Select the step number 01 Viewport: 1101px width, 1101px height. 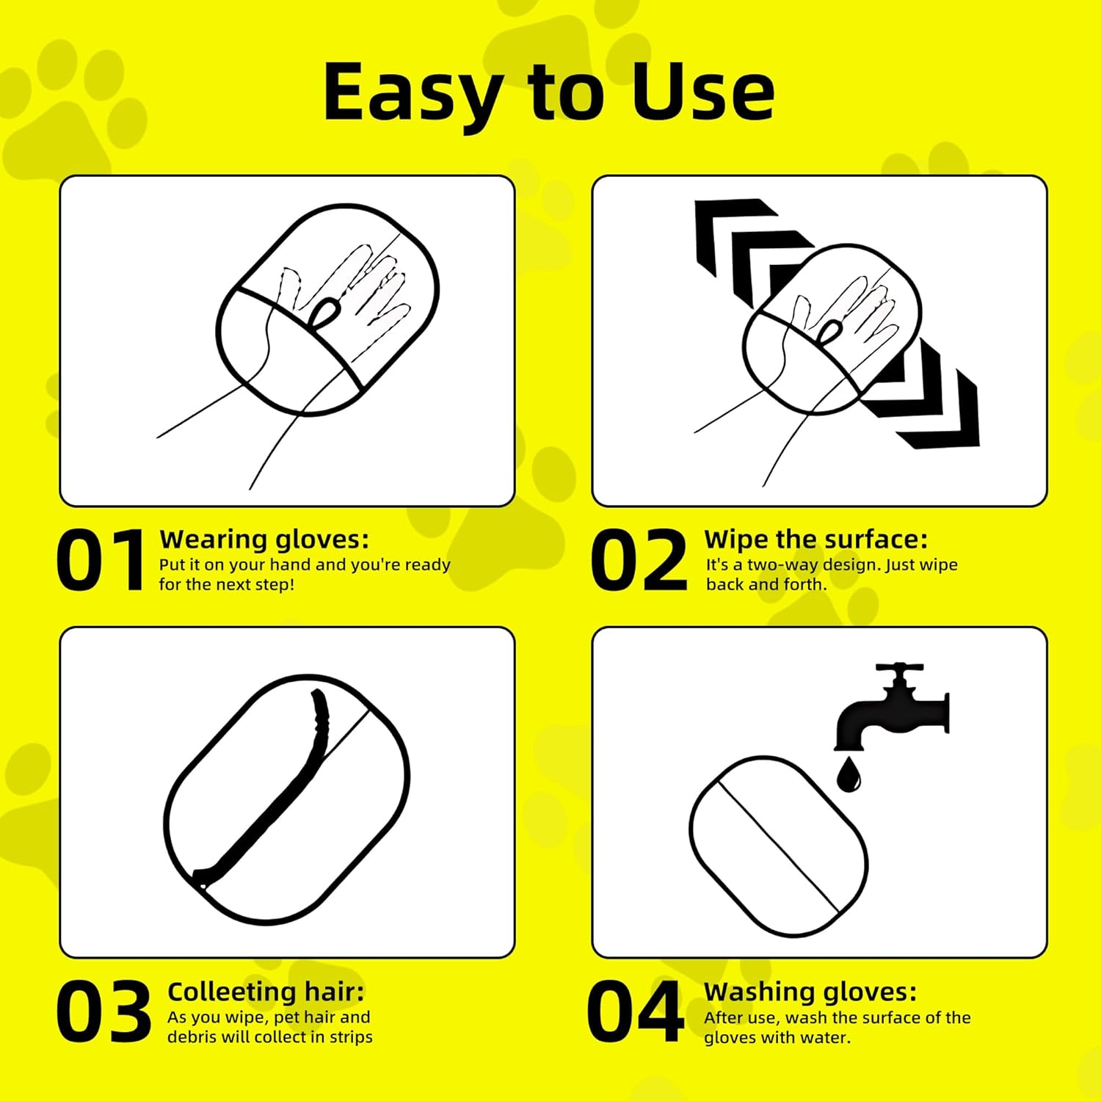(101, 562)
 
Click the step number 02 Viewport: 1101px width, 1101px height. (639, 562)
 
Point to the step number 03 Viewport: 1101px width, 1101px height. (103, 1011)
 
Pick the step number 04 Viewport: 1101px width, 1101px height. (636, 1011)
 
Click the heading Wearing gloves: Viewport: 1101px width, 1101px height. (264, 539)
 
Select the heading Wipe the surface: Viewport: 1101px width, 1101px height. (815, 539)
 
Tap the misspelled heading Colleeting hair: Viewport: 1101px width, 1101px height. (266, 992)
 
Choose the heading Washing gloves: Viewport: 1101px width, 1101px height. (810, 992)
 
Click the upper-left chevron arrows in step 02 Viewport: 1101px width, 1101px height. (741, 242)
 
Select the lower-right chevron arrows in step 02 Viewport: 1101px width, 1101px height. (932, 404)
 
